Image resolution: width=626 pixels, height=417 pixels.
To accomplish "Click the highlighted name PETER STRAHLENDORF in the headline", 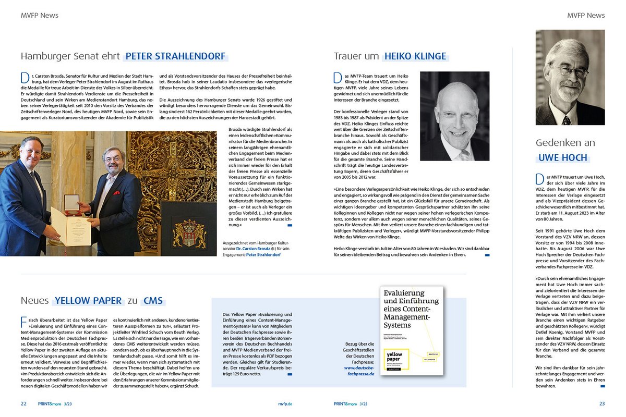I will (175, 56).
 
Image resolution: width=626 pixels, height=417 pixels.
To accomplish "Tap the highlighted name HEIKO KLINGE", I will (415, 56).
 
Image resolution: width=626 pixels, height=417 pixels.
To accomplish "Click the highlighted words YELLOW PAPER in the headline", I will (88, 301).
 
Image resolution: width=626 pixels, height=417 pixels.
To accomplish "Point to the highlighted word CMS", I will (154, 301).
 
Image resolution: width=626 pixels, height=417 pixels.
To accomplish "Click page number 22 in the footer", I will (24, 403).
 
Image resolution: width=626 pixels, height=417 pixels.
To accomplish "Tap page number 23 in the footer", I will (601, 403).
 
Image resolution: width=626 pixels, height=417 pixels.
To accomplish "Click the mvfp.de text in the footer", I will (285, 403).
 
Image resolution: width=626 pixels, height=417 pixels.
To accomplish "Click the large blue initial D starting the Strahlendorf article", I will (25, 78).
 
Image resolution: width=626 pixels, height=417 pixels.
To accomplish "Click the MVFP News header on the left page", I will (39, 16).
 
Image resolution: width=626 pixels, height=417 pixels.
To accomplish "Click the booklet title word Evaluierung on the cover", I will (404, 293).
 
